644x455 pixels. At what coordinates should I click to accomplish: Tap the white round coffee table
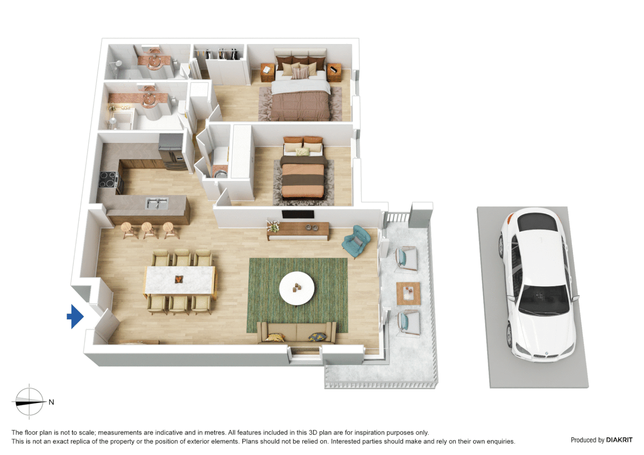coord(297,288)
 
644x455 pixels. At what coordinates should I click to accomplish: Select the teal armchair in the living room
coord(357,241)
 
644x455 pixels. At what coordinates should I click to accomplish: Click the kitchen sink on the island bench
coord(157,203)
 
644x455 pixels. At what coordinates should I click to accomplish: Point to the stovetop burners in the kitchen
coord(108,179)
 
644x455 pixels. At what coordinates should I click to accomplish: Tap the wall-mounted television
coord(298,214)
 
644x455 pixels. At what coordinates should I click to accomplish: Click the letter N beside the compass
coord(51,402)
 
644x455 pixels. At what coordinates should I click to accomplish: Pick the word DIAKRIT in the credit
coord(619,440)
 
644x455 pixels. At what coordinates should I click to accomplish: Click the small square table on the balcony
coord(408,293)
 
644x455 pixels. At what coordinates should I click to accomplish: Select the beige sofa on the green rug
coord(297,332)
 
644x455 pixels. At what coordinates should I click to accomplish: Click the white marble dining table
coord(180,280)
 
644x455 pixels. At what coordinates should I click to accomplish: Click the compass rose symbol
coord(29,402)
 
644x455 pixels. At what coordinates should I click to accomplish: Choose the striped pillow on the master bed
coord(301,73)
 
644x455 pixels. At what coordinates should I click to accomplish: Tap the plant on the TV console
coord(273,226)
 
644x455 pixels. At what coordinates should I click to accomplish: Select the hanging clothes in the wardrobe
coord(221,54)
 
